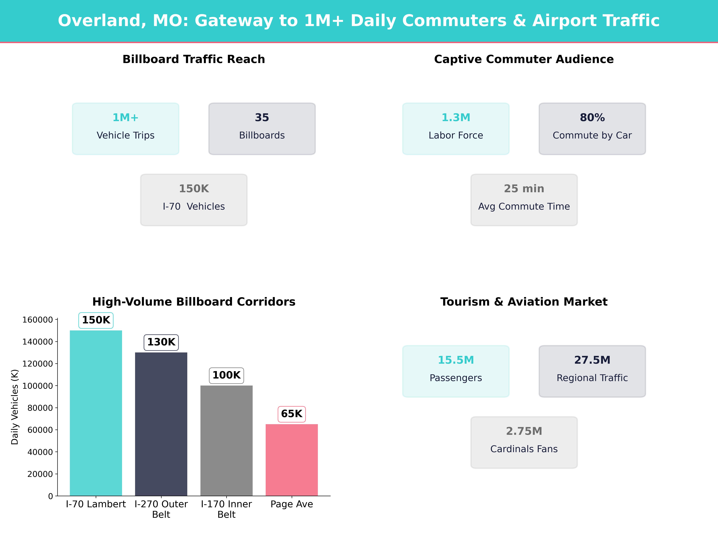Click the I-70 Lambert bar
point(96,413)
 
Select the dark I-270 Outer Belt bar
point(161,424)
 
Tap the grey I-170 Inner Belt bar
point(226,440)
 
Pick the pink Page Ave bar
point(292,460)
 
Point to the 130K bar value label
point(161,342)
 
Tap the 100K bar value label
point(226,375)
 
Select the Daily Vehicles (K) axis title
point(15,407)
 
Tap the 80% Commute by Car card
point(592,129)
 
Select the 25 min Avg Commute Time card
point(524,200)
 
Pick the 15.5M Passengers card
point(456,371)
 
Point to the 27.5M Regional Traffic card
point(592,371)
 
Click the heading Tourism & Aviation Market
point(524,302)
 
